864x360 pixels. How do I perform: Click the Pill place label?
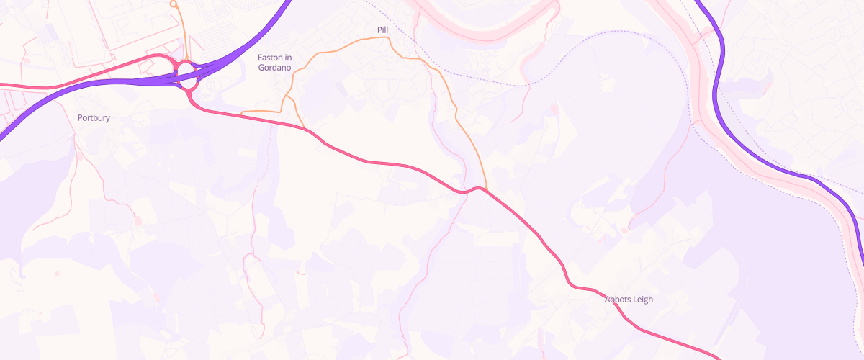[382, 30]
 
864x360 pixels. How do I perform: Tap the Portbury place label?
[94, 117]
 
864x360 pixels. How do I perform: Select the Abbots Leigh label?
[629, 300]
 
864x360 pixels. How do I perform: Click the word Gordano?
[274, 67]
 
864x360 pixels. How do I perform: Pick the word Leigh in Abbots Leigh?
[642, 300]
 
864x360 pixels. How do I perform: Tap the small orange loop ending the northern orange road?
[173, 4]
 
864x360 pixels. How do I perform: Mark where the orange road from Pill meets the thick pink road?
[487, 191]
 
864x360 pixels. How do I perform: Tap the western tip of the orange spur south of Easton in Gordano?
[241, 113]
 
